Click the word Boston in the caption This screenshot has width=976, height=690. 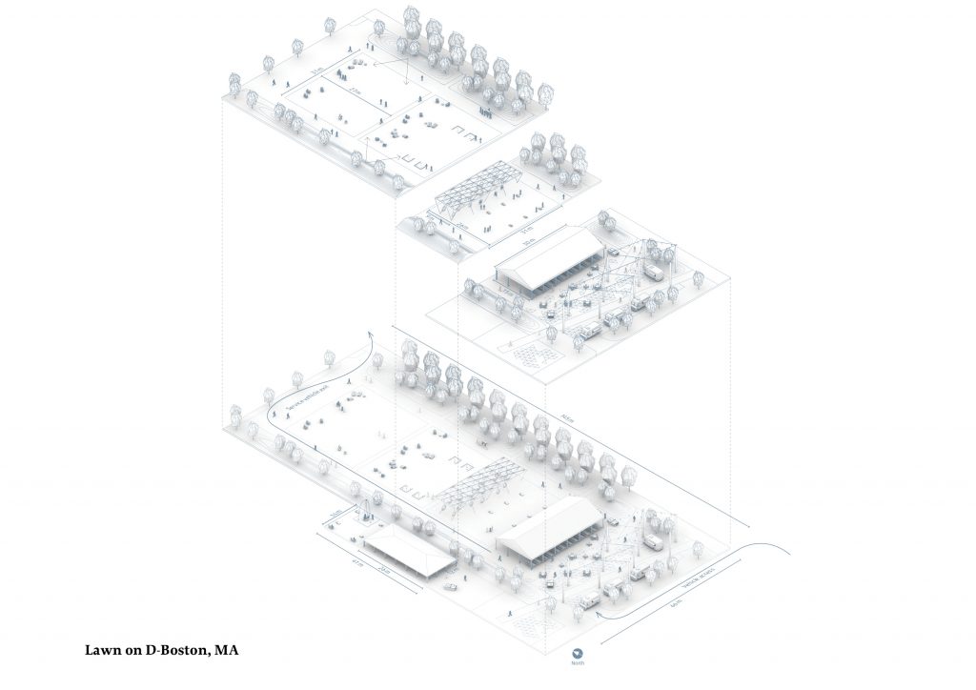point(182,651)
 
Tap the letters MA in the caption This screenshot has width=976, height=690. point(228,651)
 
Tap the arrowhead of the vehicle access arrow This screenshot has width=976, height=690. point(598,616)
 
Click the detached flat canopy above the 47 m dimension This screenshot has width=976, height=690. point(410,552)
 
